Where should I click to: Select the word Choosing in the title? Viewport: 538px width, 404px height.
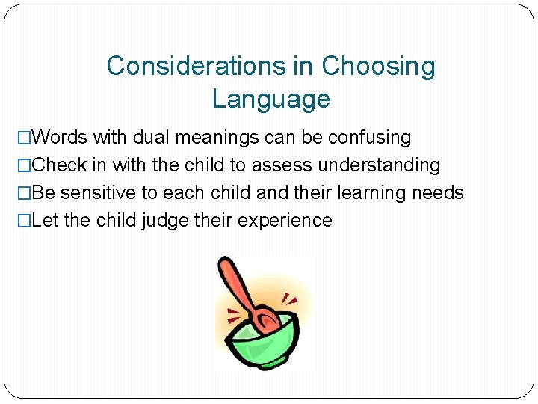click(x=378, y=66)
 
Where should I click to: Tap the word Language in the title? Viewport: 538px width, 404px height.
click(x=270, y=99)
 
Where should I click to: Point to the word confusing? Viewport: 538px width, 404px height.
click(x=371, y=138)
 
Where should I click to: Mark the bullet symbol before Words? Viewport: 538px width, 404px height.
click(x=25, y=138)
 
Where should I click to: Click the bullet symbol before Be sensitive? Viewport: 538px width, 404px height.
click(x=25, y=193)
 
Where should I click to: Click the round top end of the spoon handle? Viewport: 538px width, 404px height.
click(x=223, y=264)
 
